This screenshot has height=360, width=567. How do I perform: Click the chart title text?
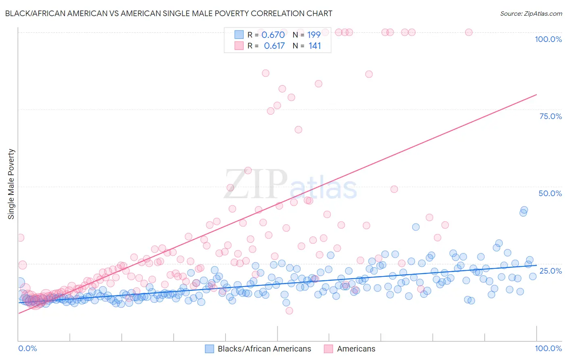[x=169, y=13]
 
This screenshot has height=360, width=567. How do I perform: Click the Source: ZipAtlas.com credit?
[x=531, y=13]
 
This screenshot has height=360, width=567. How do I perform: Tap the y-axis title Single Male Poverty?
[x=11, y=184]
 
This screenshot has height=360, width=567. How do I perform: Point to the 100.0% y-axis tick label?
[x=548, y=39]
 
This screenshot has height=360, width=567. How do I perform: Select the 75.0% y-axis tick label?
[x=550, y=116]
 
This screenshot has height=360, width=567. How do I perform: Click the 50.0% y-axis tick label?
[x=550, y=193]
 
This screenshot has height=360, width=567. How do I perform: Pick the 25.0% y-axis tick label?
[x=550, y=270]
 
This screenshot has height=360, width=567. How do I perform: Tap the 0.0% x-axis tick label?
[x=28, y=348]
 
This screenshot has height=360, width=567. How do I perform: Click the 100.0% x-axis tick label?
[x=548, y=348]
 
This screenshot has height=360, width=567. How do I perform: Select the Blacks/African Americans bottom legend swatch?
[x=209, y=349]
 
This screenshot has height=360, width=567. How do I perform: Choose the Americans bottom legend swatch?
[x=328, y=349]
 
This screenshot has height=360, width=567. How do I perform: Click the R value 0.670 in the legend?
[x=273, y=35]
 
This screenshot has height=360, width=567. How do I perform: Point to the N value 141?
[x=315, y=46]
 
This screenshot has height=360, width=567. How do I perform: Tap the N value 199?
[x=314, y=35]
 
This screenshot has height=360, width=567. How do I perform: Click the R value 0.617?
[x=274, y=46]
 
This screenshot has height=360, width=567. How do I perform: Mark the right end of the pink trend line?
[x=536, y=94]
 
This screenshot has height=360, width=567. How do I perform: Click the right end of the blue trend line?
[x=536, y=265]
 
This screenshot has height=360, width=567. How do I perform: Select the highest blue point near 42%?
[x=524, y=210]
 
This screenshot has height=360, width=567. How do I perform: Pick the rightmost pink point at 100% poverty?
[x=469, y=32]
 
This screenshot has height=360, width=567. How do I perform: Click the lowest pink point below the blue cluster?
[x=289, y=311]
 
